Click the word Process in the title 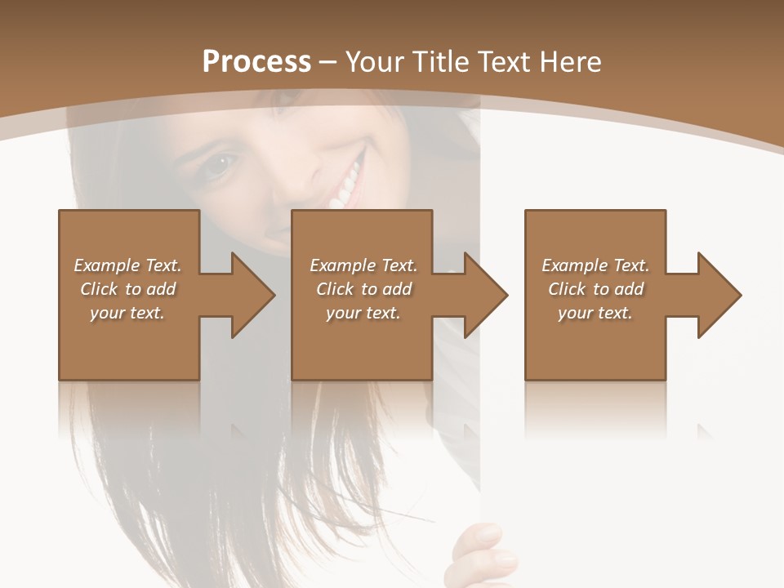256,62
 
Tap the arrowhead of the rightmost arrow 719,295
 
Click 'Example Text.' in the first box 127,265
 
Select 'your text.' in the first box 127,313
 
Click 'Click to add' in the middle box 363,289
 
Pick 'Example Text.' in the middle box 363,265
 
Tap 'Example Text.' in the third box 595,265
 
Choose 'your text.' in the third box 595,313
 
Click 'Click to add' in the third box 595,289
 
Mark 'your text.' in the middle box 363,313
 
